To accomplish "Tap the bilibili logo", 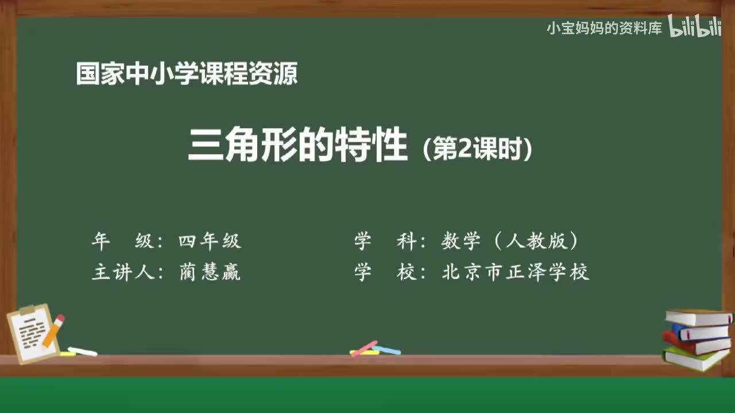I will tap(695, 28).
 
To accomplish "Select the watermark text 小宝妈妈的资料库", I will tap(604, 28).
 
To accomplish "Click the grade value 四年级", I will tap(210, 241).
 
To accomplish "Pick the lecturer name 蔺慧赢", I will tap(210, 272).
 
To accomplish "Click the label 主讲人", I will tap(123, 272).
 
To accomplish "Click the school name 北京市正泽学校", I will tap(515, 272).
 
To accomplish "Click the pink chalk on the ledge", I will tap(364, 348).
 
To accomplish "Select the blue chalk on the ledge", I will tap(387, 350).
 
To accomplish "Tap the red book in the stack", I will tap(696, 344).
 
